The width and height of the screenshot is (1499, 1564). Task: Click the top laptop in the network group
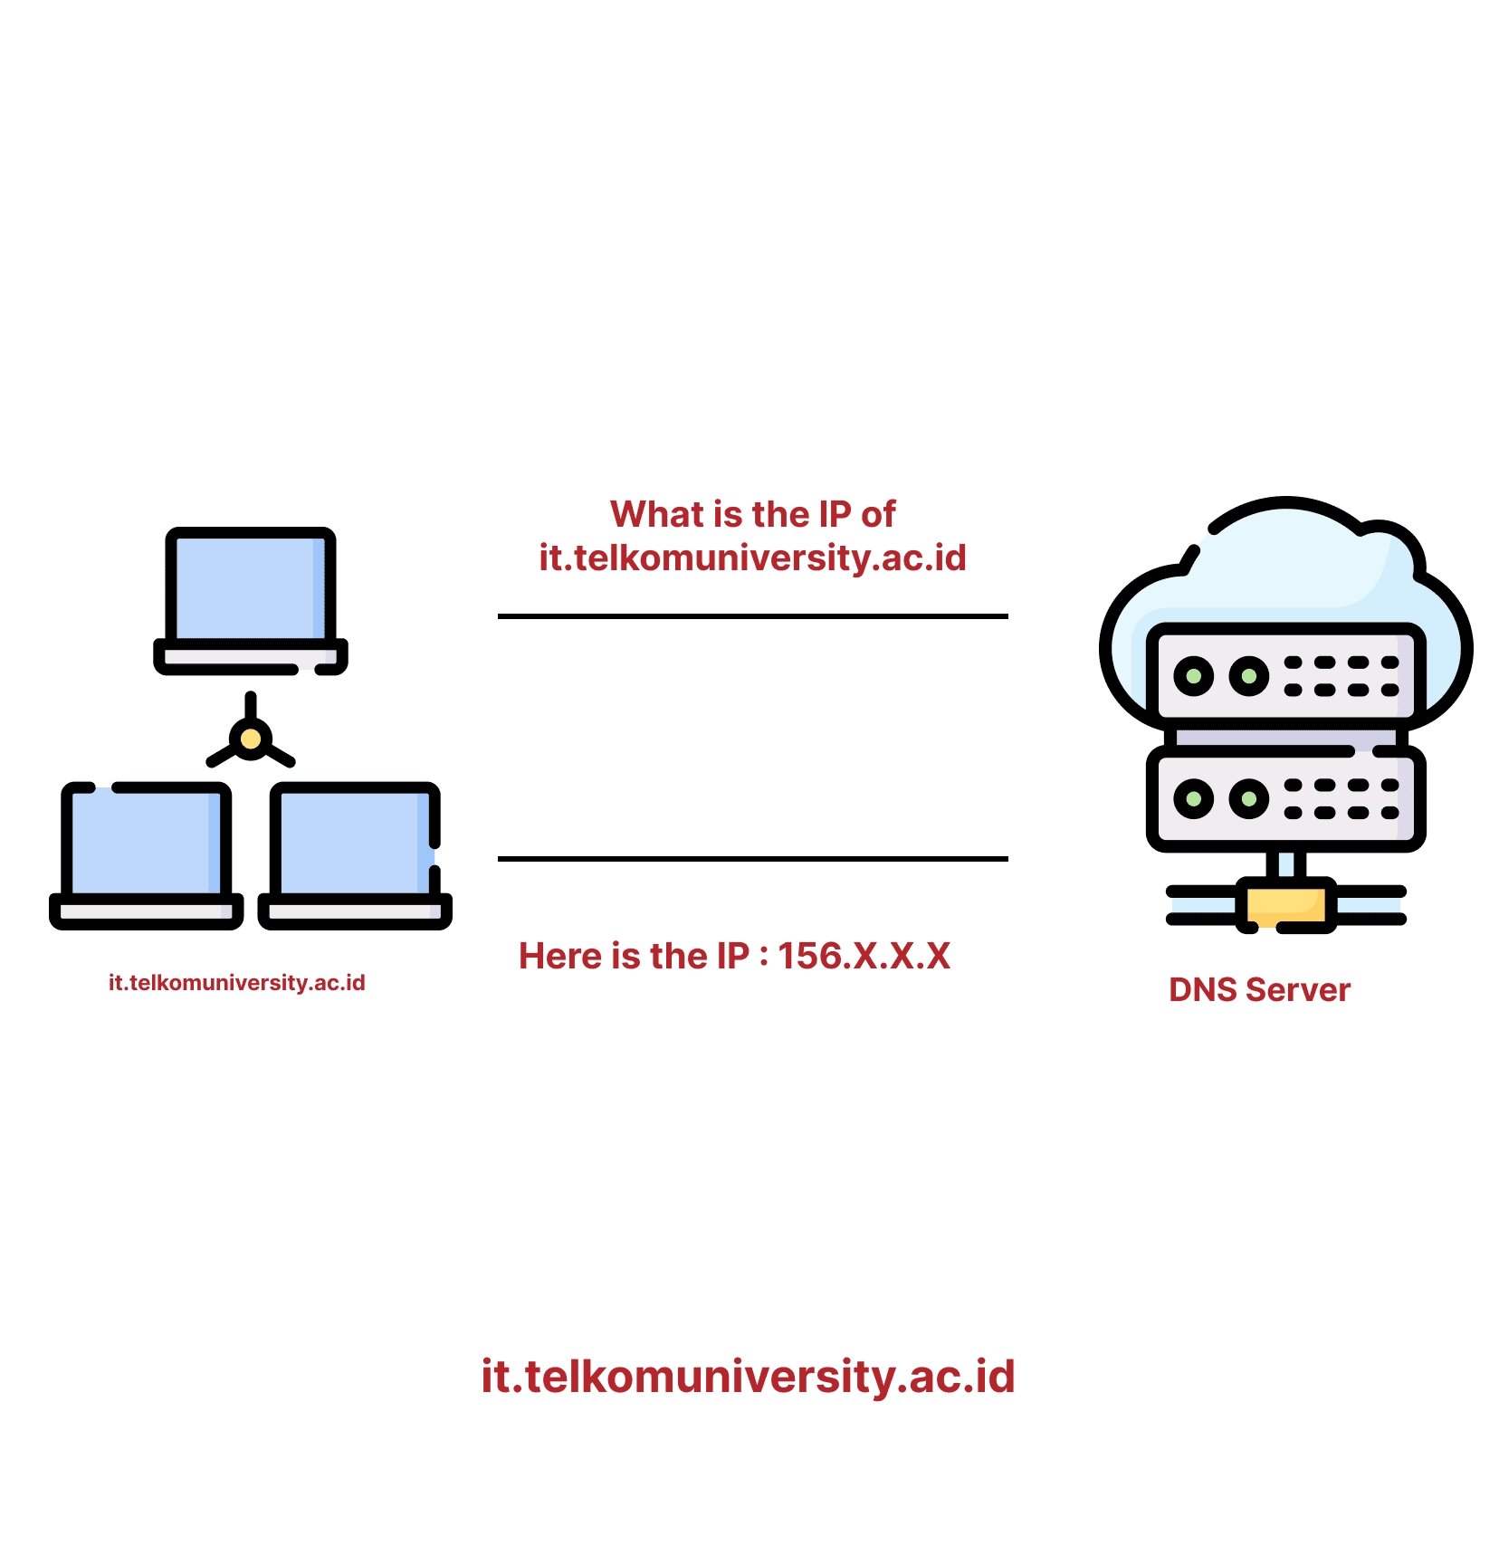coord(251,597)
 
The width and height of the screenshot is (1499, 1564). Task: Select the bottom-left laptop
coord(146,851)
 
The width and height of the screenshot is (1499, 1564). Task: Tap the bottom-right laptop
coord(355,851)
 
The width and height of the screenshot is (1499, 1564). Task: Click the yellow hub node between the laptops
coord(251,739)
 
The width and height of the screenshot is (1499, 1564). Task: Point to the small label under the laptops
coord(237,983)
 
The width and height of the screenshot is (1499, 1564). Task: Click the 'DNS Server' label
coord(1259,990)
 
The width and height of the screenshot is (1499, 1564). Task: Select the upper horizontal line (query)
coord(752,616)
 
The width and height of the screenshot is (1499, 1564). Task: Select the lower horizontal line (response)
coord(752,859)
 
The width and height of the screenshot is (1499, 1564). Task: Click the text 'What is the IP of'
coord(752,514)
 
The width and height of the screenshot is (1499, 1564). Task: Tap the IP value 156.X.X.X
coord(864,957)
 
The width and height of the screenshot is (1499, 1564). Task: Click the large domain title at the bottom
coord(748,1377)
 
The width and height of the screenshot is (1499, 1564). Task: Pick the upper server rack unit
coord(1285,675)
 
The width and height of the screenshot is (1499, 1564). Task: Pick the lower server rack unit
coord(1285,798)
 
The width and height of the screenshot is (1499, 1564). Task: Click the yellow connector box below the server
coord(1285,905)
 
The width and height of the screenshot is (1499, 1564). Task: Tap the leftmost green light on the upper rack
coord(1193,676)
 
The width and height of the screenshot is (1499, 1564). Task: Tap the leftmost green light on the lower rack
coord(1193,798)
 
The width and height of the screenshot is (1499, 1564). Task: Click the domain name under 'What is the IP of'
coord(752,558)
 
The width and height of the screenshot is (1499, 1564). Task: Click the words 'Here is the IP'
coord(634,957)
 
